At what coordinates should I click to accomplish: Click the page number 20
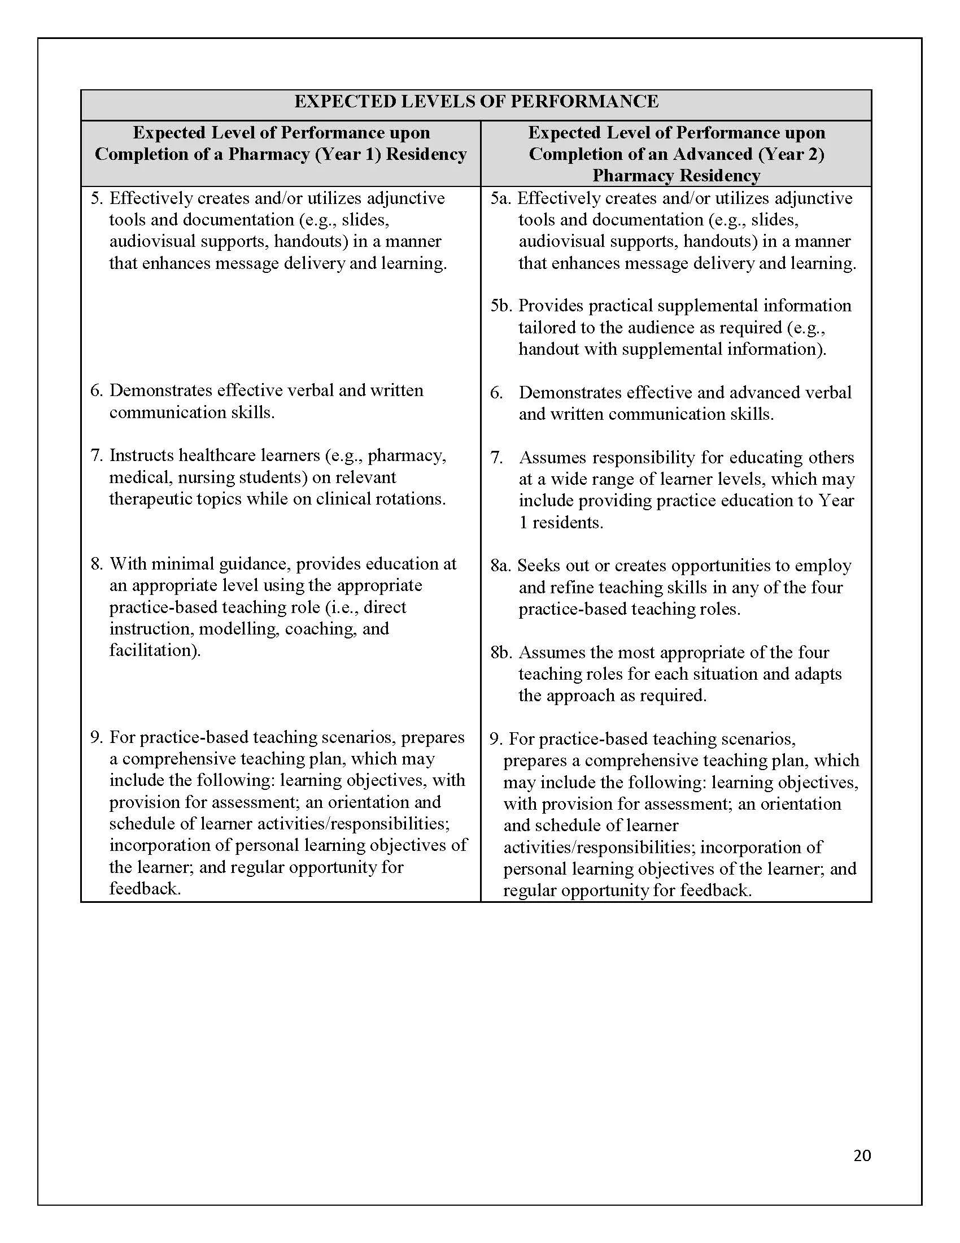click(862, 1155)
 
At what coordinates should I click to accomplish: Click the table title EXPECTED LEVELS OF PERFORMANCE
click(476, 101)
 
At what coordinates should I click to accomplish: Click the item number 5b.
click(501, 306)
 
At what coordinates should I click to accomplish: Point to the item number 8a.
click(501, 566)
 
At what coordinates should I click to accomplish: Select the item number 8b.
click(501, 652)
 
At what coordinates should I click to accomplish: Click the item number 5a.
click(501, 198)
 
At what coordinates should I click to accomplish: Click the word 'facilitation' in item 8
click(153, 650)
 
